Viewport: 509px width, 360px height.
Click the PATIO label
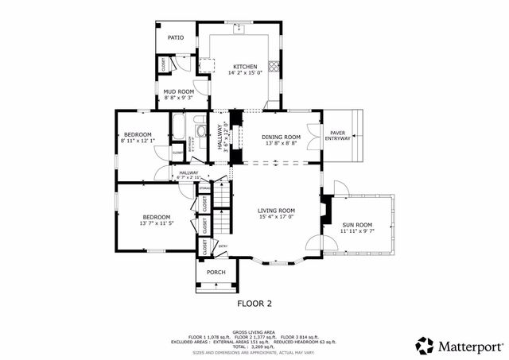pos(175,37)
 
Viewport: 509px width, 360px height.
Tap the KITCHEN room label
pos(245,66)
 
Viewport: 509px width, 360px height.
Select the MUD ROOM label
pos(179,91)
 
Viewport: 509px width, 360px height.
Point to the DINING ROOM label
pos(281,137)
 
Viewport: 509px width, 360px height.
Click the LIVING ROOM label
pos(276,211)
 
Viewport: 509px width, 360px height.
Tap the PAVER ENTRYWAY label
pos(336,136)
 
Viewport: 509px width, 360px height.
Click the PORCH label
pos(216,273)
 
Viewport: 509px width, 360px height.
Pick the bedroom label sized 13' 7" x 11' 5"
pos(157,217)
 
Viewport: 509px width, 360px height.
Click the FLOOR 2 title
pos(254,304)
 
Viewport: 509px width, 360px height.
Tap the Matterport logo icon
pos(425,346)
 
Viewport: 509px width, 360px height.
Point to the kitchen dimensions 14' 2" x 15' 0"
pos(245,73)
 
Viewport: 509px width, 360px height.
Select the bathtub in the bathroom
pos(179,128)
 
